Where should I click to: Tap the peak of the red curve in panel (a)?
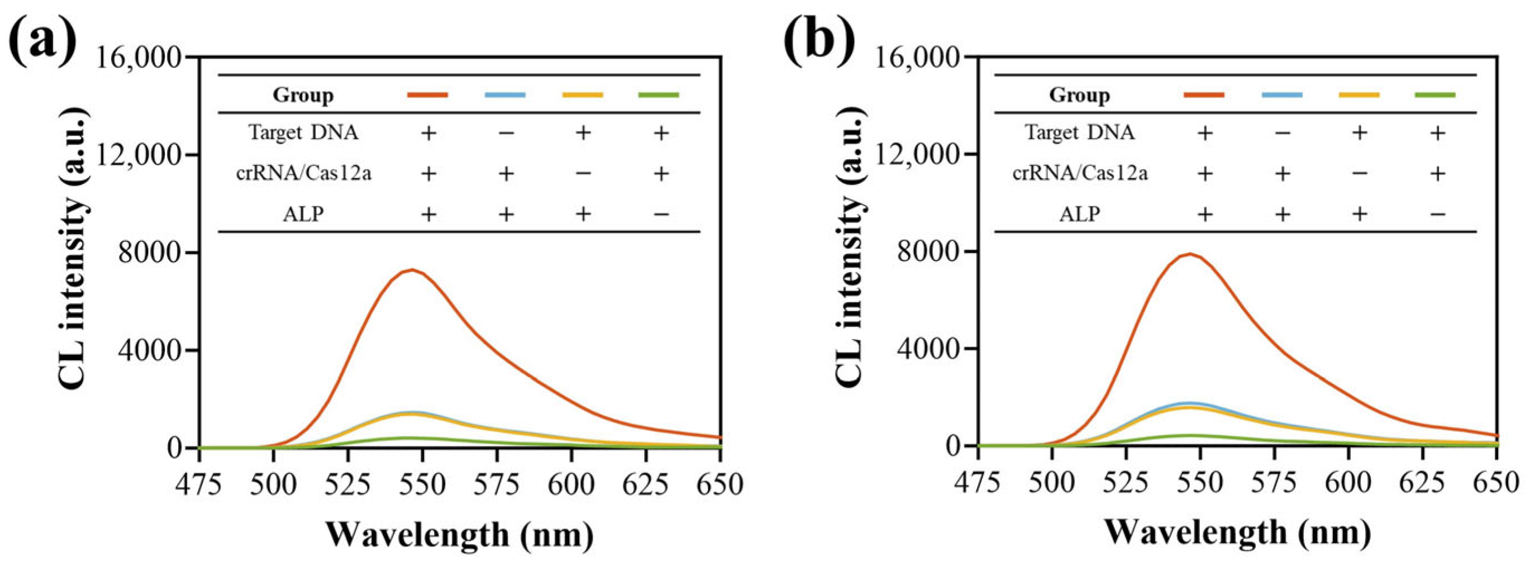[x=412, y=270]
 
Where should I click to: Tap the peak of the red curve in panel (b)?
[x=1190, y=254]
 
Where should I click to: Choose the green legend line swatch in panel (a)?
[x=659, y=94]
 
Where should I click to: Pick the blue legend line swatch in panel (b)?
[x=1282, y=94]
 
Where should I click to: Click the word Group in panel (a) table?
[x=303, y=95]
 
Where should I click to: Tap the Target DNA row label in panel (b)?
[x=1079, y=132]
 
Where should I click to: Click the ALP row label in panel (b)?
[x=1079, y=213]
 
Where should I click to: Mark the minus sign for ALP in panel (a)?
[x=660, y=213]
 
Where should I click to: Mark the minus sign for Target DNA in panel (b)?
[x=1282, y=132]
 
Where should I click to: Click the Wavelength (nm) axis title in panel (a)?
[x=459, y=534]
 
